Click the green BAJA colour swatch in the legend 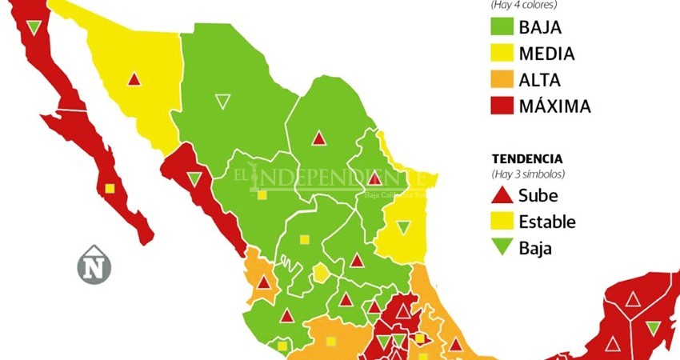pos(502,28)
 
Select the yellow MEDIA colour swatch pos(502,54)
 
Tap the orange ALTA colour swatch pos(502,80)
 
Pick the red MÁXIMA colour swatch pos(502,106)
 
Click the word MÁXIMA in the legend pos(554,106)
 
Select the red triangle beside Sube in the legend pos(502,196)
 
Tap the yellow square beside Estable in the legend pos(502,222)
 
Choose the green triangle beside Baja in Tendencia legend pos(502,248)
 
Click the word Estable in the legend pos(547,222)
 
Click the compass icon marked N pos(94,266)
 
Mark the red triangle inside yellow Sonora pos(134,79)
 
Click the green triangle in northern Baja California pos(33,28)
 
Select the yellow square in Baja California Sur pos(110,189)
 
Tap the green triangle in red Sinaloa pos(194,178)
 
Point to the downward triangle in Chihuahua pos(222,102)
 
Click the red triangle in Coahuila pos(319,138)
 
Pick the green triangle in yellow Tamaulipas pos(404,228)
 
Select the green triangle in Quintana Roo pos(654,327)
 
